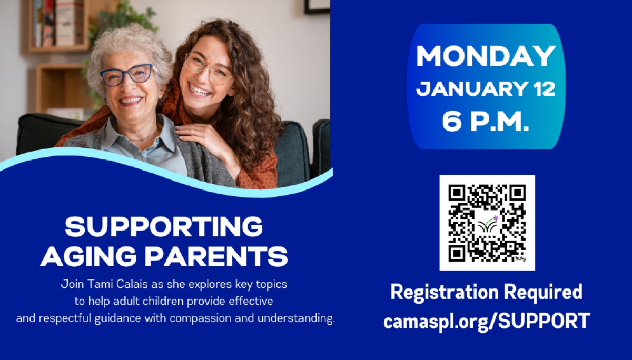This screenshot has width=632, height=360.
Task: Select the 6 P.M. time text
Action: point(486,122)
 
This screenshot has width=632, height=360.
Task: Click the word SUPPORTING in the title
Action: point(164,227)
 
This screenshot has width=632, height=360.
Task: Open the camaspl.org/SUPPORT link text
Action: point(486,321)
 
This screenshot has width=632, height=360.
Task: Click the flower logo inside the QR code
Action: point(487,224)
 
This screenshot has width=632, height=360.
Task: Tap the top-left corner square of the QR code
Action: point(457,193)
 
